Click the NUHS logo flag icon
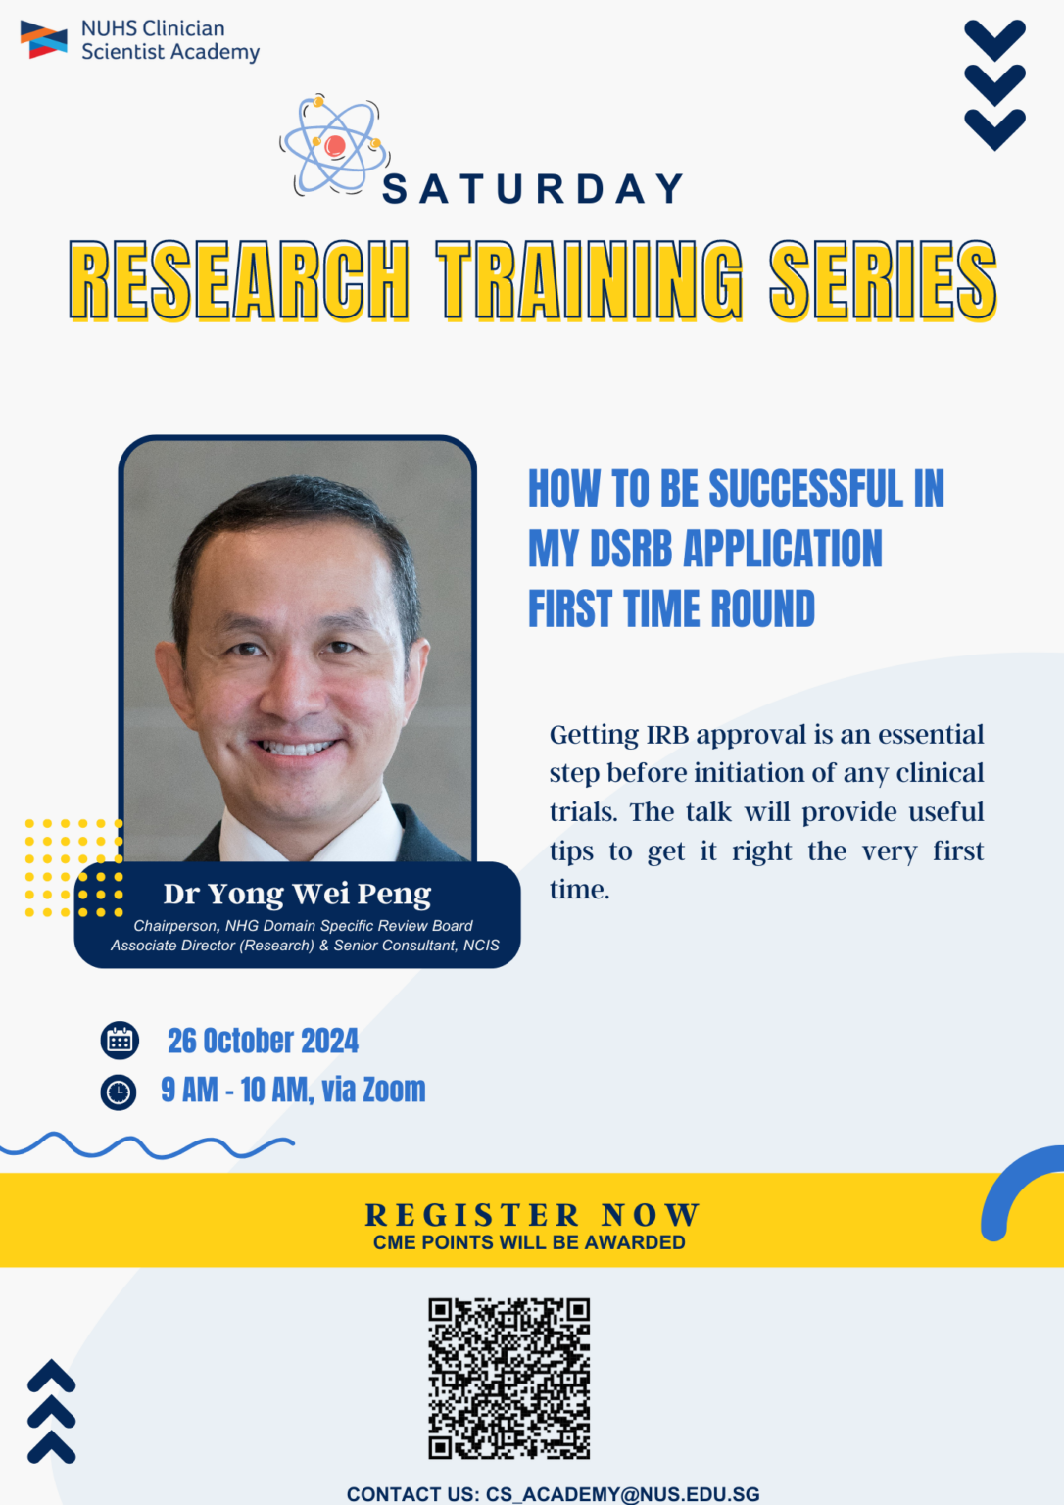point(44,40)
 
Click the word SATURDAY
point(533,189)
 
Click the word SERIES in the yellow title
point(883,281)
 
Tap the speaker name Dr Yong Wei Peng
point(297,894)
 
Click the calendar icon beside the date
point(120,1041)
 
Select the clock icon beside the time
point(119,1091)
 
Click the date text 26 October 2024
point(263,1041)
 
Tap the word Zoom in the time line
point(394,1090)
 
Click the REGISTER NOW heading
point(532,1215)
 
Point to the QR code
point(509,1378)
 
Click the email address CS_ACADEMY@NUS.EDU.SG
point(622,1494)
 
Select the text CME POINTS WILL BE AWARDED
point(529,1242)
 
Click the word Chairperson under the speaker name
point(175,926)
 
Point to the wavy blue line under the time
point(147,1145)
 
